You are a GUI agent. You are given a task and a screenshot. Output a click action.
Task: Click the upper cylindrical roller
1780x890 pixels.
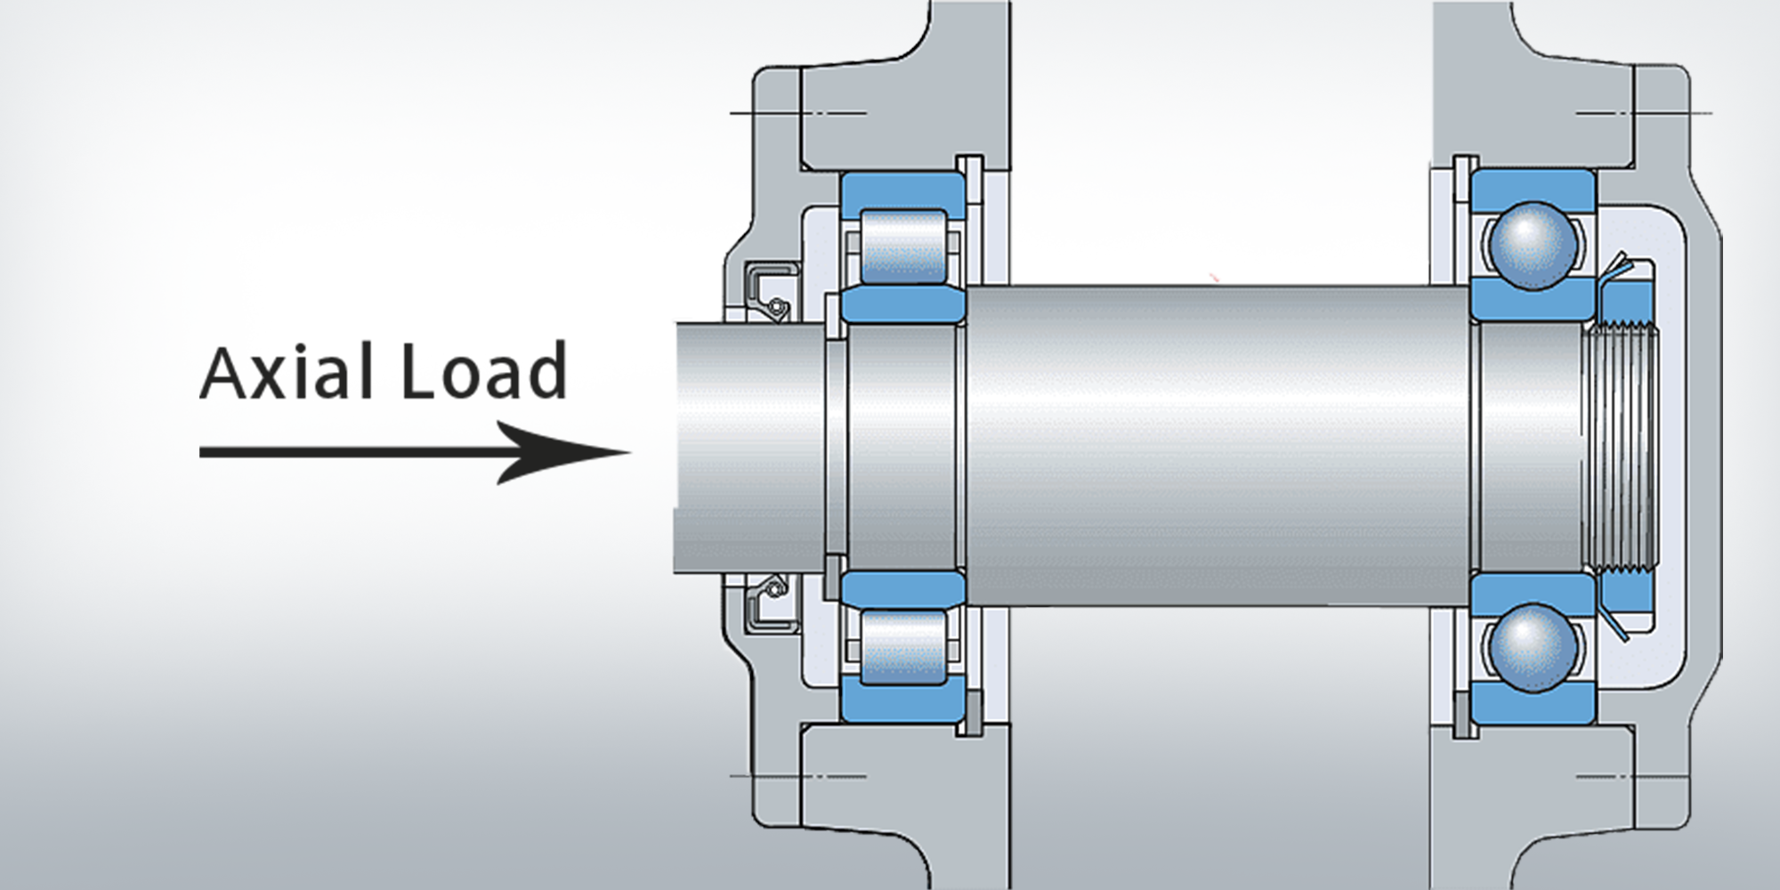tap(902, 248)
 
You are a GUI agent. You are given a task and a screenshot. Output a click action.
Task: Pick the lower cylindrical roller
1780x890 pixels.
tap(902, 647)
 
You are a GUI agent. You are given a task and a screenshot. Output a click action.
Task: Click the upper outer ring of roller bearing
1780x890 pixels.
tap(901, 190)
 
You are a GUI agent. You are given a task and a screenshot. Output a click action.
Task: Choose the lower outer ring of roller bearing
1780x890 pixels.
tap(901, 703)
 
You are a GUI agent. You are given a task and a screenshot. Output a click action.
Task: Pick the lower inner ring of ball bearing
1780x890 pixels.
tap(1532, 588)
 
